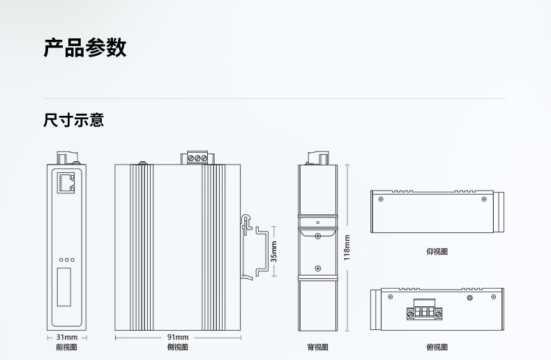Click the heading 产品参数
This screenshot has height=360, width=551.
coord(85,47)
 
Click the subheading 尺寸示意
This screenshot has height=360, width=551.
coord(74,120)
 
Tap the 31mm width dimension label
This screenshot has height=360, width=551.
coord(67,337)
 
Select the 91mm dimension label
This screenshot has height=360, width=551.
coord(178,337)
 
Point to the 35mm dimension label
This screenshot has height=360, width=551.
coord(273,251)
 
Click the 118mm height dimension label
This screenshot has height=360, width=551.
coord(347,248)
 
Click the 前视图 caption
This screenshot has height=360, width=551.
coord(66,347)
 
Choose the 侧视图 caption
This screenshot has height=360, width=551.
coord(177,347)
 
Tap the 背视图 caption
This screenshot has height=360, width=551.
coord(317,347)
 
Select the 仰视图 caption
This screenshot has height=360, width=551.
coord(437,252)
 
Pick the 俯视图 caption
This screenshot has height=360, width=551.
coord(437,347)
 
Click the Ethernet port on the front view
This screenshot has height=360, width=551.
coord(66,183)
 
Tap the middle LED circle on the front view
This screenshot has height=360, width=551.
coord(67,260)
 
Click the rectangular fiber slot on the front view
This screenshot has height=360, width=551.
coord(64,287)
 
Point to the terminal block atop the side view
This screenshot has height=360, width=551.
coord(197,158)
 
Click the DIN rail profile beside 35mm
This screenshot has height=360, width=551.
coord(262,251)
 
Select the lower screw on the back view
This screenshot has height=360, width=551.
coord(317,269)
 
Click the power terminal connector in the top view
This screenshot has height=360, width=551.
coord(425,310)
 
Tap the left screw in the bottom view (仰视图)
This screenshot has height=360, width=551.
coord(381,200)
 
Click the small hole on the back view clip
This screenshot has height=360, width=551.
coord(318,223)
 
